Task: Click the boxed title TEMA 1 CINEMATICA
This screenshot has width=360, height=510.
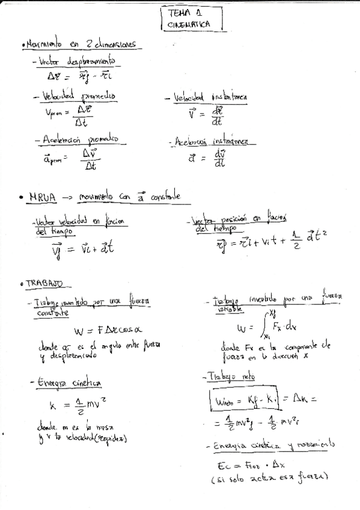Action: coord(191,19)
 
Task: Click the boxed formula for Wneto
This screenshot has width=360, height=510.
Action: coord(248,399)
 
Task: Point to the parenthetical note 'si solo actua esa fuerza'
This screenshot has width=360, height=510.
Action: coord(269,479)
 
